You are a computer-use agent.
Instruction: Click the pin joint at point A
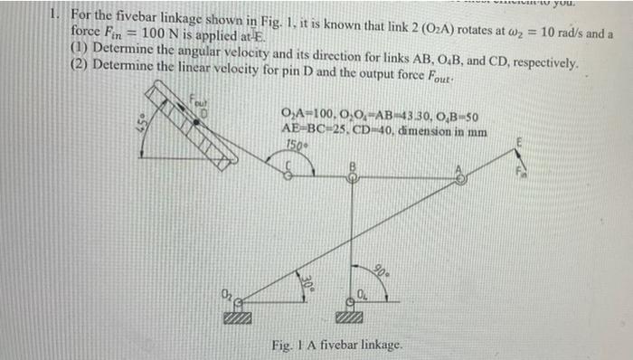tap(461, 178)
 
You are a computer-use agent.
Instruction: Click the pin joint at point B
tap(354, 179)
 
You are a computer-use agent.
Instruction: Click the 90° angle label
tap(383, 269)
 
